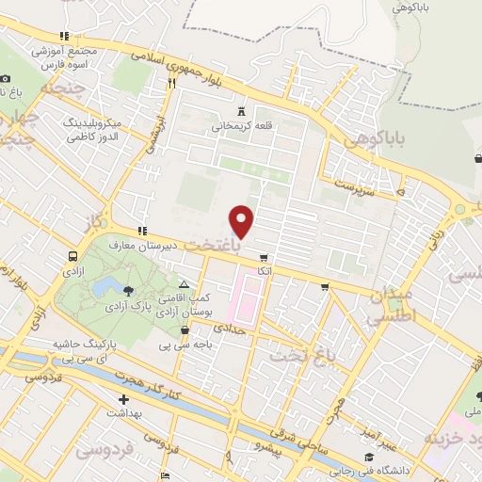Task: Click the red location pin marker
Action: click(243, 220)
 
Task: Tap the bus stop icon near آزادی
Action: click(72, 256)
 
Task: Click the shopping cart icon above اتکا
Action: click(264, 256)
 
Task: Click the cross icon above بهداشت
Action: click(123, 399)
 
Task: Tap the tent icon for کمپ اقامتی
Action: click(184, 284)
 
